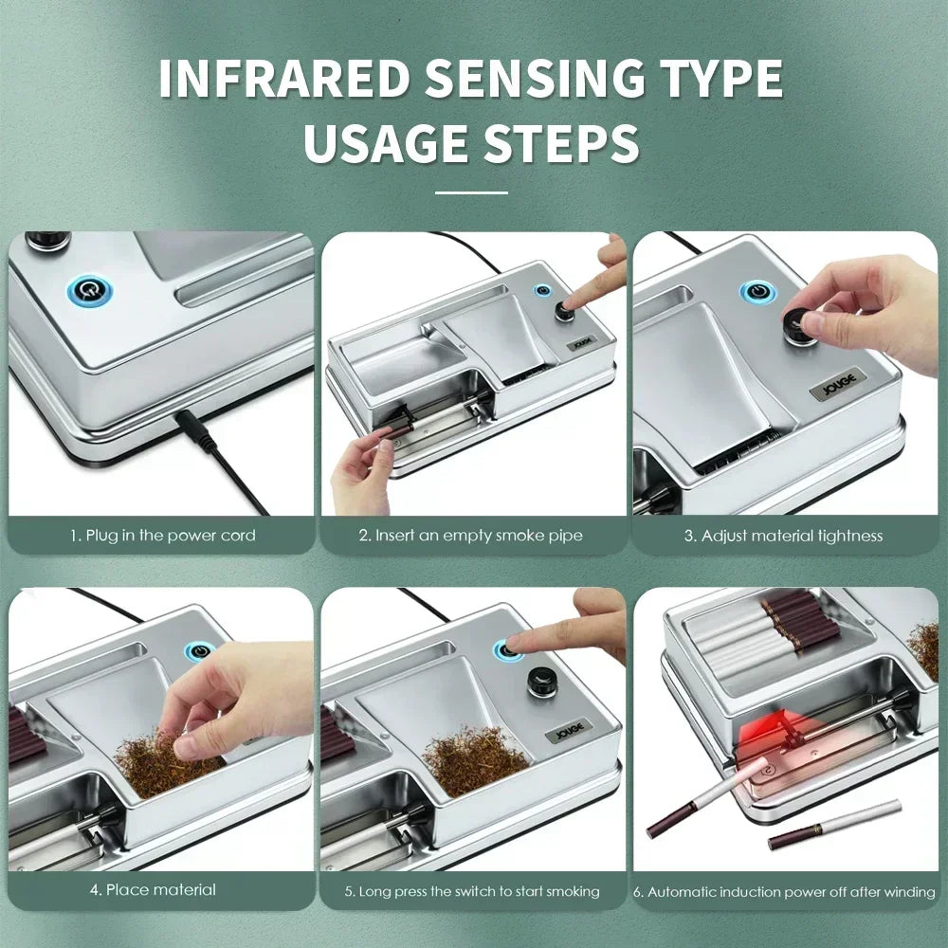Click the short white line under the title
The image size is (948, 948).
[x=471, y=192]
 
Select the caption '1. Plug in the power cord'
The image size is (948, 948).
[x=162, y=536]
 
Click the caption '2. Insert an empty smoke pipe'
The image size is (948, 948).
[x=470, y=536]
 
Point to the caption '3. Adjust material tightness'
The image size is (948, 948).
[x=783, y=536]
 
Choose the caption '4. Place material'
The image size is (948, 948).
[x=154, y=889]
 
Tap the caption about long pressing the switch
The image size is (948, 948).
[x=470, y=891]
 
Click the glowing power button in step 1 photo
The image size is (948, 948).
[x=86, y=288]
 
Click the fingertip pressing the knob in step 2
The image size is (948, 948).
[x=572, y=303]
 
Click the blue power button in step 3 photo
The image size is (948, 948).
[x=758, y=292]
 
